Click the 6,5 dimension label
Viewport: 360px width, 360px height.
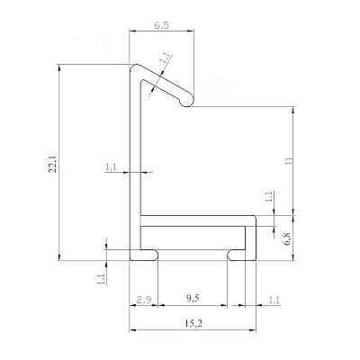(x=162, y=25)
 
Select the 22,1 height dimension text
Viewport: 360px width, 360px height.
(x=53, y=165)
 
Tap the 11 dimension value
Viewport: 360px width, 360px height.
(x=289, y=160)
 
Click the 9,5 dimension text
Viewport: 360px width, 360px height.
(x=193, y=299)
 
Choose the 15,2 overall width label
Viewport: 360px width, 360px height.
(x=193, y=323)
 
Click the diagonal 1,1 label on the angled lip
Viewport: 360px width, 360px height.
(x=166, y=58)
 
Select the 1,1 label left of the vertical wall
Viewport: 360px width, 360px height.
(x=111, y=167)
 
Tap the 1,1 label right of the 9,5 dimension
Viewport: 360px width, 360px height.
(x=274, y=300)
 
